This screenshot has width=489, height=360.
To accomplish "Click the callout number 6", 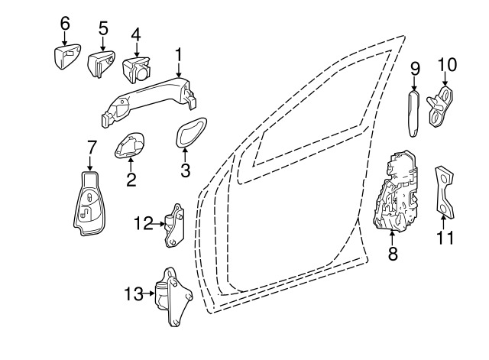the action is [65, 24].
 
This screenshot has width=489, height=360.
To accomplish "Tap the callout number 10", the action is [447, 65].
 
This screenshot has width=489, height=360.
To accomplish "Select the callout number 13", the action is [134, 294].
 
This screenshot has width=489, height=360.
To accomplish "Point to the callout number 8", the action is [393, 254].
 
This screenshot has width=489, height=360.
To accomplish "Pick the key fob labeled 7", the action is [89, 203].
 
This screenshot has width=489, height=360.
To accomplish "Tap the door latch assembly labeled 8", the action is [396, 191].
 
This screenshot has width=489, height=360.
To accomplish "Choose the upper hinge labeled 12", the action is [175, 225].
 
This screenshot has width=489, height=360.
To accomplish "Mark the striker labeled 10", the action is [440, 106].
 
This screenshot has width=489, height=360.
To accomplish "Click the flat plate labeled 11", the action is [444, 192].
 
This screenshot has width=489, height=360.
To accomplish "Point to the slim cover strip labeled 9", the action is [413, 114].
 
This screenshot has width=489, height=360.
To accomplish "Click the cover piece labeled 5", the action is [100, 63].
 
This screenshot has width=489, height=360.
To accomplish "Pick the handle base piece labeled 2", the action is [129, 145].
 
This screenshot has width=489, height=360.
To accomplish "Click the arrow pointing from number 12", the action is [157, 224].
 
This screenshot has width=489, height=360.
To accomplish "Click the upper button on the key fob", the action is [89, 198].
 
